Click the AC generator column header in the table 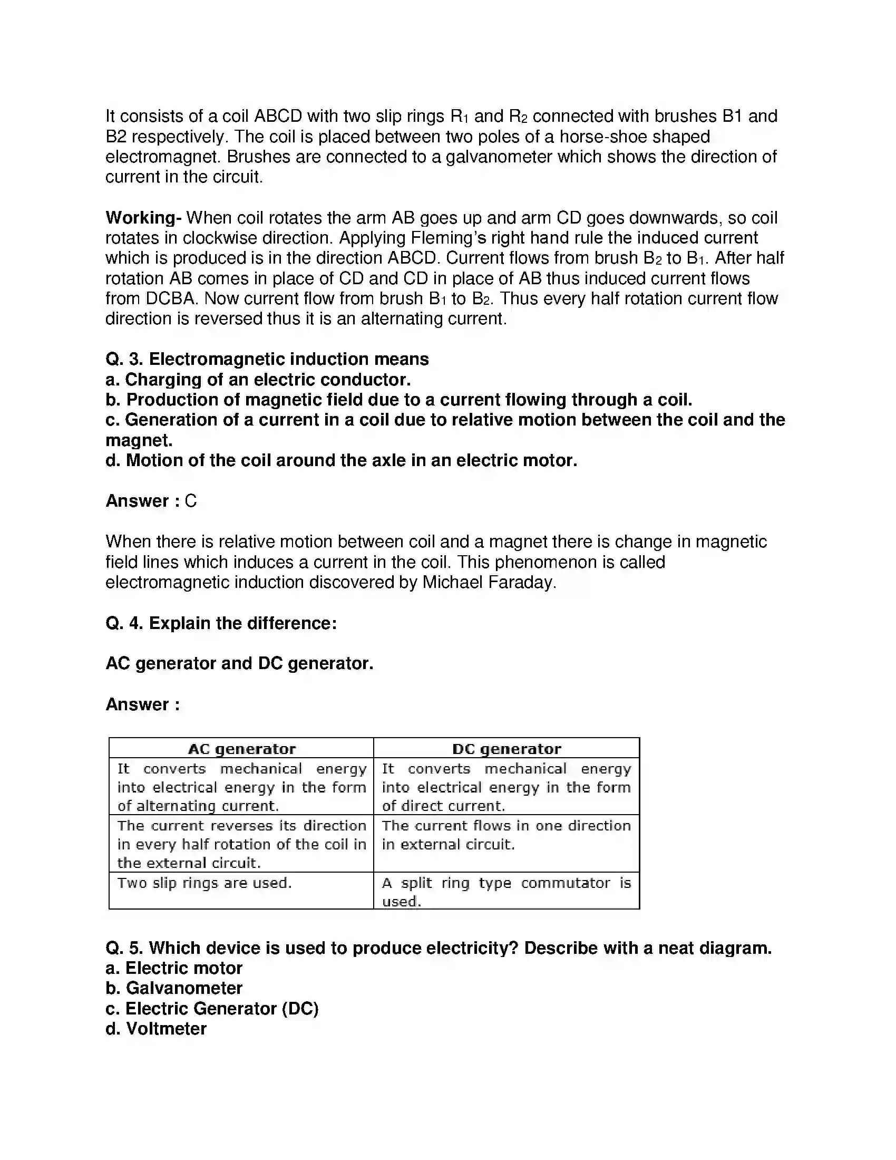point(241,749)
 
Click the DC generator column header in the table point(507,749)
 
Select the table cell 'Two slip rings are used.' point(204,883)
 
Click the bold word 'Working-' point(143,218)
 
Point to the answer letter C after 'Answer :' point(191,501)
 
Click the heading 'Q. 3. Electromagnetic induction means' point(267,359)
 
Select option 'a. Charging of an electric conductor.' point(258,380)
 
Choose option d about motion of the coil point(342,460)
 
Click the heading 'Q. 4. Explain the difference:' point(221,623)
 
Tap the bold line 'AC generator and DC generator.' point(239,663)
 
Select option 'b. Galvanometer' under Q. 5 point(174,988)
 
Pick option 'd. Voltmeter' point(156,1029)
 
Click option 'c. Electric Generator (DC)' point(212,1008)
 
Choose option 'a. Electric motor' point(174,968)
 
